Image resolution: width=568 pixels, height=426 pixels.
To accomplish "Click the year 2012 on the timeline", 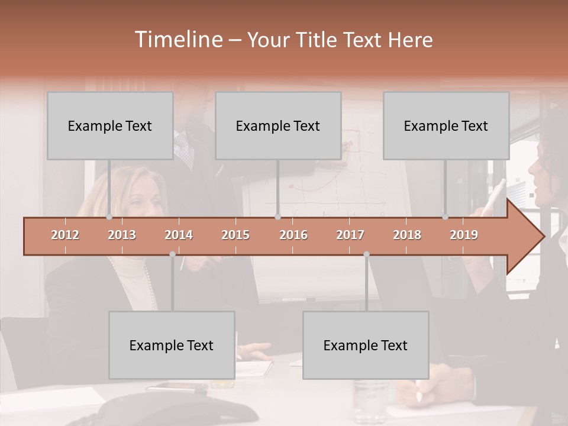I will [65, 235].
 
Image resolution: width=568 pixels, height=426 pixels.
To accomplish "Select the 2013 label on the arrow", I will [122, 235].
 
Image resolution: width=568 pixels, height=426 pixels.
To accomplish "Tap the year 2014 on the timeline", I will [179, 235].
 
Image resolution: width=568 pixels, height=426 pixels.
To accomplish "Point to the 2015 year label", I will [235, 235].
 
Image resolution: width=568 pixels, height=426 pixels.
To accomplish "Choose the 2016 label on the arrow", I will [293, 235].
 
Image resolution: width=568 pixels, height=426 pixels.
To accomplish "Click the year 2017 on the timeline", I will [350, 235].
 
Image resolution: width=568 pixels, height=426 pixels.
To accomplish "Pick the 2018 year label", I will [407, 235].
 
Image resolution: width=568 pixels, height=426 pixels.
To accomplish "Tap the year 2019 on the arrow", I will [464, 235].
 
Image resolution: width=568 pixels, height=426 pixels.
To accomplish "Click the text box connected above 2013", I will [110, 125].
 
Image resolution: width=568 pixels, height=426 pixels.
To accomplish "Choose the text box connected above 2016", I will [278, 125].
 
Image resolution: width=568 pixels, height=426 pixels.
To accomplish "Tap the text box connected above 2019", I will [446, 125].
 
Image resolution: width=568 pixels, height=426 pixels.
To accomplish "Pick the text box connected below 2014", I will [172, 345].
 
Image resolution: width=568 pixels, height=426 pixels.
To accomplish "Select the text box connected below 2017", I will [366, 345].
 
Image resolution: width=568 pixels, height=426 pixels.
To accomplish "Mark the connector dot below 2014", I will [172, 254].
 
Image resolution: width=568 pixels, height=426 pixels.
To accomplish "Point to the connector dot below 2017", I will [366, 254].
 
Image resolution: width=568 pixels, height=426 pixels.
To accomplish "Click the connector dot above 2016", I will [278, 217].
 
